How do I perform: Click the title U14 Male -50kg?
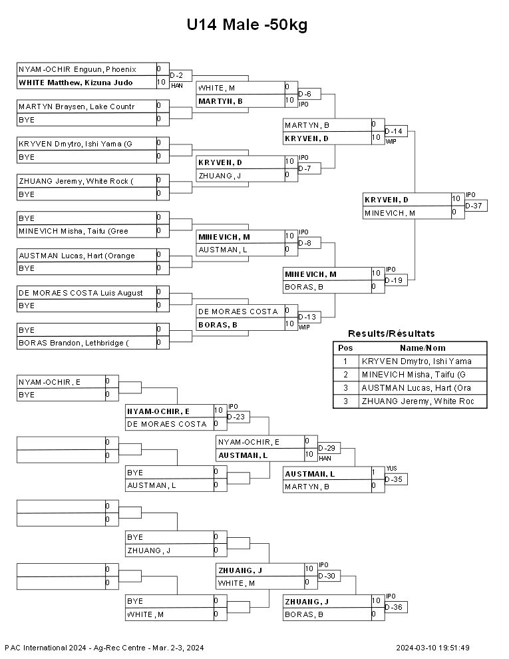point(247,25)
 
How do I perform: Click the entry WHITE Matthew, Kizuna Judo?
point(76,83)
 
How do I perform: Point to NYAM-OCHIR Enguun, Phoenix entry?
point(77,69)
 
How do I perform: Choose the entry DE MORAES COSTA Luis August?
point(81,293)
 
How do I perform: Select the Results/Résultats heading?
point(391,333)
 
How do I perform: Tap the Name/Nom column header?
point(423,348)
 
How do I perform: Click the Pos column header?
point(345,348)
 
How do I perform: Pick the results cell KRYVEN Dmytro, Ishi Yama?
point(417,361)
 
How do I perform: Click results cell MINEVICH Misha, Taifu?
point(414,375)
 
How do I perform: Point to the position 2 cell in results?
point(345,375)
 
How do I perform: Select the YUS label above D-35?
point(391,468)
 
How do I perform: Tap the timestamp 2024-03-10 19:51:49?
point(432,648)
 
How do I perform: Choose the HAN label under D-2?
point(177,86)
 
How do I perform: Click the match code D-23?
point(236,417)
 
